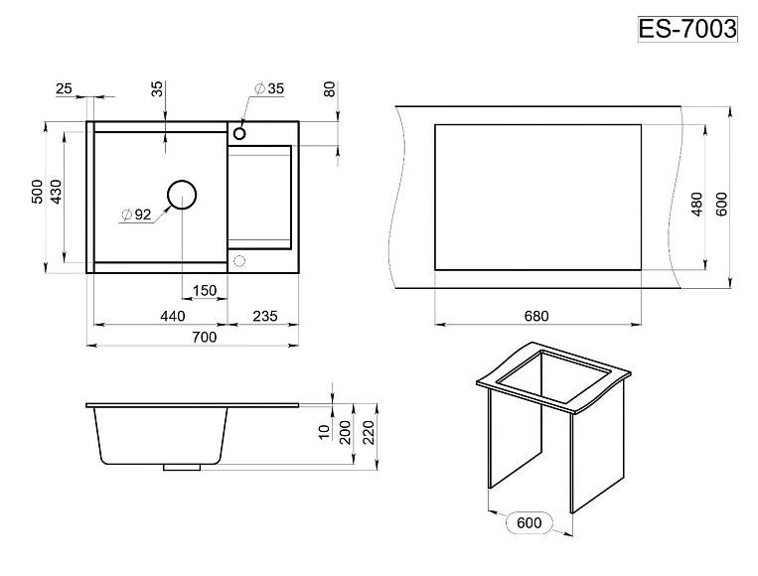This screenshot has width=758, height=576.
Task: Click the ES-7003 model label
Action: pos(687,29)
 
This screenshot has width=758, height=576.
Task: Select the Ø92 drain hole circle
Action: pos(182,181)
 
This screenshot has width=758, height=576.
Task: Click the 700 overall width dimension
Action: pos(204,337)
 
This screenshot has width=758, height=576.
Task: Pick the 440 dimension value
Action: pos(173,316)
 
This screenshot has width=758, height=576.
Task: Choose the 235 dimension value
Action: pos(265,316)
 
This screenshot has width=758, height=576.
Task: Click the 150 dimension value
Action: pos(205,290)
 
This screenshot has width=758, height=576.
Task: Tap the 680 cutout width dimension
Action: pos(536,316)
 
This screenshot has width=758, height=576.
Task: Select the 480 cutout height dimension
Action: pos(696,204)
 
